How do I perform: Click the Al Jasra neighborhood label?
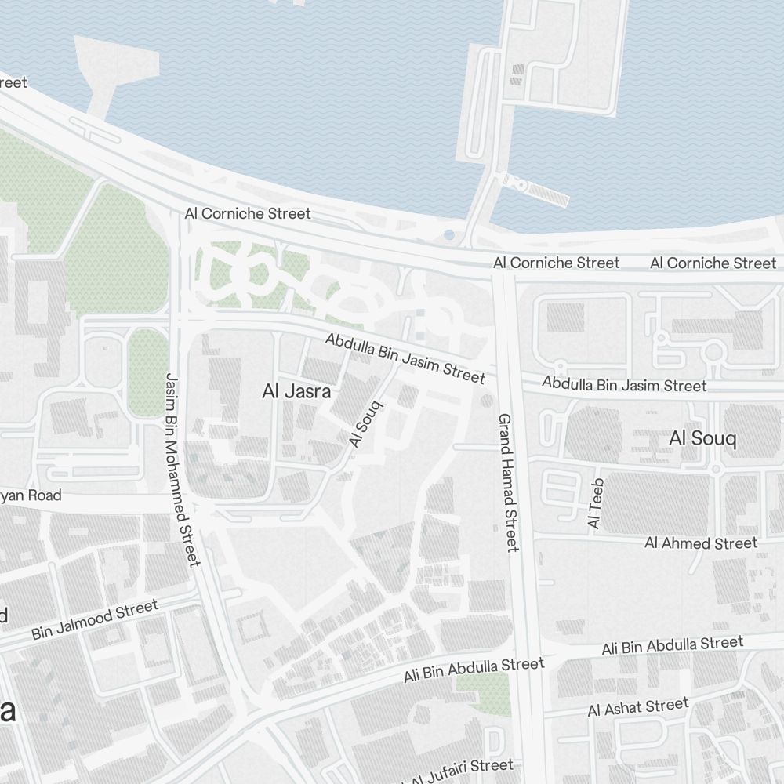coord(296,392)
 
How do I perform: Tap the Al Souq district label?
coord(702,438)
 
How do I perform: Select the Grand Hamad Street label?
coord(507,482)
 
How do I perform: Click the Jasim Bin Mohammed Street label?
coord(182,468)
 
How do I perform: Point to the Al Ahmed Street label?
coord(701,543)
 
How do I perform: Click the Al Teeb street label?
coord(596,503)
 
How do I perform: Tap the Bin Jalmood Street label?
coord(95,620)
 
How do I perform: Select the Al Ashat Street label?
coord(638,707)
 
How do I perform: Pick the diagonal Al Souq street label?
coord(366,424)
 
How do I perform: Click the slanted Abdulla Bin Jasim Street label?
coord(405,358)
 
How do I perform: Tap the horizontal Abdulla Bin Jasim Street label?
coord(624,385)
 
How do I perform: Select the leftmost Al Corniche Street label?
coord(248,213)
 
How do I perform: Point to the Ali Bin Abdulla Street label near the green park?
coord(474,670)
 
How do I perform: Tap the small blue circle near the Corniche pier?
coord(448,234)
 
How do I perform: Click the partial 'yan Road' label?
coord(31,495)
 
